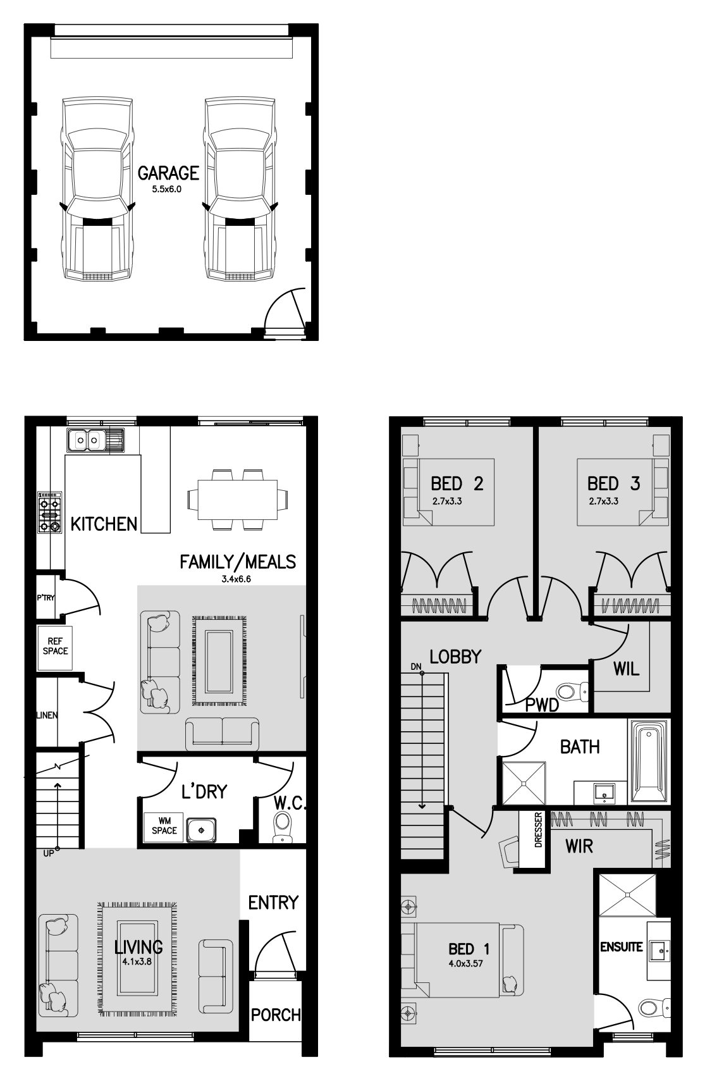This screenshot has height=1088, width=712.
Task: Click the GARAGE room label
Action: tap(168, 173)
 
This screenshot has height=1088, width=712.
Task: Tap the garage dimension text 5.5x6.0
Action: tap(167, 189)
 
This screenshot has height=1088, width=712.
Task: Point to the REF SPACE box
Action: tap(55, 648)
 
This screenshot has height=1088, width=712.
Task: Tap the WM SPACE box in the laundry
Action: tap(164, 826)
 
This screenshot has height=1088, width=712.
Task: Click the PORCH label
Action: tap(276, 1015)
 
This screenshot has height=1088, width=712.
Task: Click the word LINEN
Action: tap(47, 715)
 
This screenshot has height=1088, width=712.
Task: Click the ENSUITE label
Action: tap(622, 947)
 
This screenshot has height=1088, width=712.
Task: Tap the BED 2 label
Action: tap(457, 484)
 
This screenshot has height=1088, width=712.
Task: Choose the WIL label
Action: tap(626, 668)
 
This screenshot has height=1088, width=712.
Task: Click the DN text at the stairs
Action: tap(415, 666)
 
